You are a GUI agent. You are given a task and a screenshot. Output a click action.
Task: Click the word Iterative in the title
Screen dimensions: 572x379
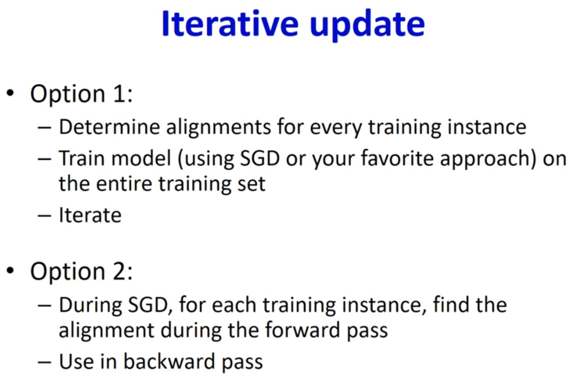(230, 23)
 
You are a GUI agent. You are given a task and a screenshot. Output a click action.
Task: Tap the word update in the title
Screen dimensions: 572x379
(367, 26)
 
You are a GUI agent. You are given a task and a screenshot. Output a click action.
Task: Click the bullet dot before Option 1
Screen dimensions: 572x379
(10, 94)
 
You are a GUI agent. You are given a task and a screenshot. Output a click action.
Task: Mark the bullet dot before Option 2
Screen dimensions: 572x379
(10, 271)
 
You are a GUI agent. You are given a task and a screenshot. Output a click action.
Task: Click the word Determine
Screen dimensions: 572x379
(110, 127)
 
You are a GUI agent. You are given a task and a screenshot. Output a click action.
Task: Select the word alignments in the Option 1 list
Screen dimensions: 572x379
(219, 128)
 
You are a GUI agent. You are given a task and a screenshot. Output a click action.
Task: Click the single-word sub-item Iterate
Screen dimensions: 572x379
(90, 215)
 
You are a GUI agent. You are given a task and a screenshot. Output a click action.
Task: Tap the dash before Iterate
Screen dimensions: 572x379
(44, 216)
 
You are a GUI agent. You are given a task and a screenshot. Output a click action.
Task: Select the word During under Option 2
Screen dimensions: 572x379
(90, 306)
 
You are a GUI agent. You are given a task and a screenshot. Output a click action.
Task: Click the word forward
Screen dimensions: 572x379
(302, 329)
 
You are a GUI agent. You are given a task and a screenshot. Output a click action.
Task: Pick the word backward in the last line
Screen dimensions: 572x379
(169, 361)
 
